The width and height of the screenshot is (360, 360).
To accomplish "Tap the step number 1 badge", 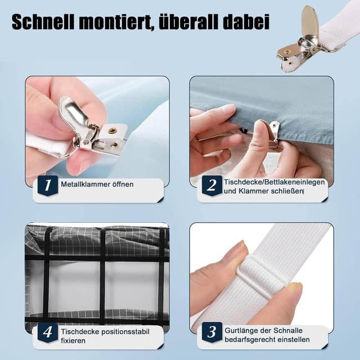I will tap(48, 185).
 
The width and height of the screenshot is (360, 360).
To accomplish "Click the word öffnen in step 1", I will tap(123, 184).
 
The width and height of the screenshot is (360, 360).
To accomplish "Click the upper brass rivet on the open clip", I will tap(112, 130).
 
